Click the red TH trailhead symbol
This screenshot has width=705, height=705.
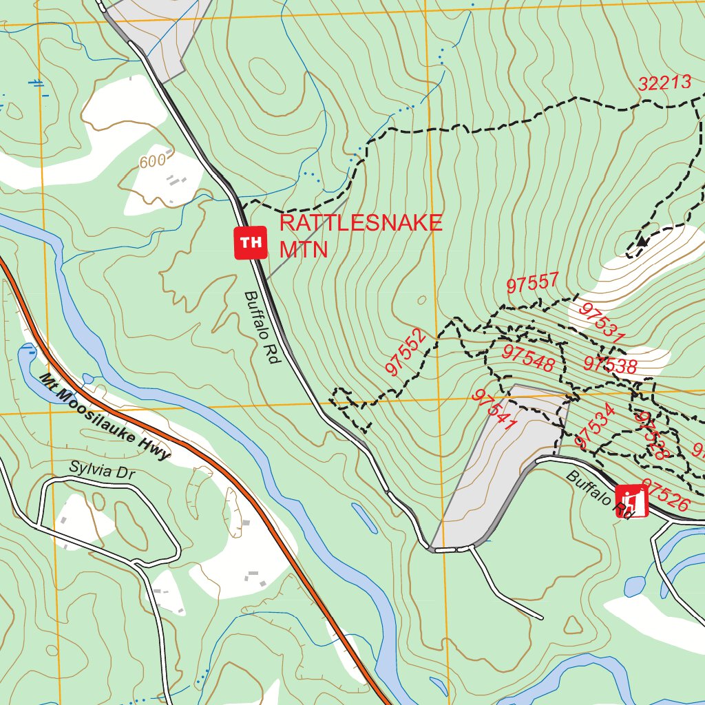(x=251, y=242)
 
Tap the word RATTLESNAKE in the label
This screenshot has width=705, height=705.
(x=360, y=223)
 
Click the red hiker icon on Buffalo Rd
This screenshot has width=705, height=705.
(x=631, y=501)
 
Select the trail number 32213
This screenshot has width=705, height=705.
(x=664, y=83)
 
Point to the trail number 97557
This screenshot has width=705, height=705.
(x=532, y=282)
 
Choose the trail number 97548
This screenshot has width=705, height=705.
(x=528, y=355)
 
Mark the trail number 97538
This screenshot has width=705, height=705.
(x=609, y=364)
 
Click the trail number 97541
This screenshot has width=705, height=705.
(x=494, y=410)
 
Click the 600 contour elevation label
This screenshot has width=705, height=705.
(x=152, y=162)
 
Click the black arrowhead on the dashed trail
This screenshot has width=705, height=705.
(x=642, y=241)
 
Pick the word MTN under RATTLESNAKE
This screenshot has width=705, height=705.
(x=304, y=249)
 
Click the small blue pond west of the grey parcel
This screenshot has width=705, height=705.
(x=364, y=518)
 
